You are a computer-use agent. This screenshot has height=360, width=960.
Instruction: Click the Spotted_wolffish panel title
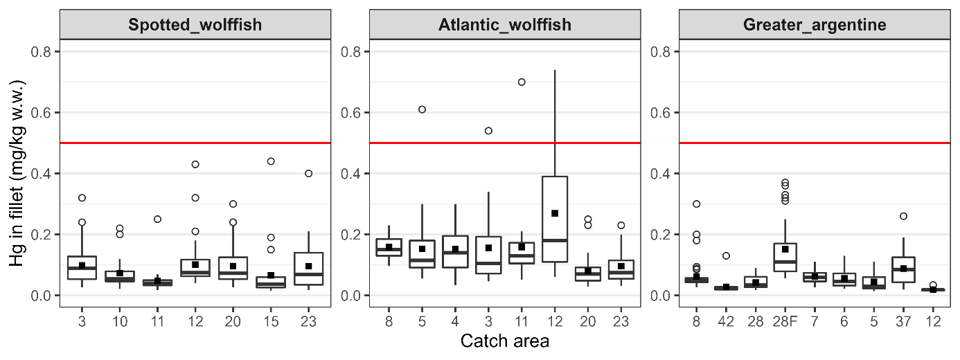click(x=195, y=26)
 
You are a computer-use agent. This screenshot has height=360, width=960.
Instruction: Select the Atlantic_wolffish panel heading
click(x=505, y=26)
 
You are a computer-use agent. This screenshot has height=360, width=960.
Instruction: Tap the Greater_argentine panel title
click(x=814, y=26)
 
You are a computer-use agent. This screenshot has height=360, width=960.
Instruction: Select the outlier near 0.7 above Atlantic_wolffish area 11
click(x=522, y=82)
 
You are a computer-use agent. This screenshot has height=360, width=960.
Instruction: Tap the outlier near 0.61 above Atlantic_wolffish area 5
click(x=422, y=109)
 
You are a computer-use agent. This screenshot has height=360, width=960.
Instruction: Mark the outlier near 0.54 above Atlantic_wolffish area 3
click(x=488, y=131)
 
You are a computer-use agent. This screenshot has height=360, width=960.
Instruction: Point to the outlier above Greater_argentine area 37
click(x=903, y=216)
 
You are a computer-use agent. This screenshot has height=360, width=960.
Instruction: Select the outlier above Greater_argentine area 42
click(x=726, y=256)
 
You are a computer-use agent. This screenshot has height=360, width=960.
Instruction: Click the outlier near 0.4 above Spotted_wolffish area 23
click(x=309, y=173)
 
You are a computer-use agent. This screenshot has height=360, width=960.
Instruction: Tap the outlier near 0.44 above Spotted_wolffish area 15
click(x=271, y=161)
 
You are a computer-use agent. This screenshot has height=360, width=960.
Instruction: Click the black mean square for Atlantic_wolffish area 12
click(x=555, y=213)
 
